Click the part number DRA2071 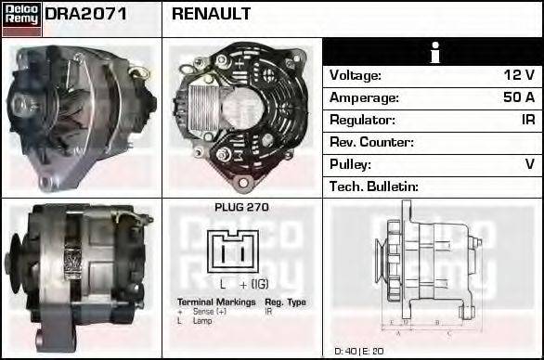(x=86, y=15)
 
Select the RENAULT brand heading (x=211, y=15)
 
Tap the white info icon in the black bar (x=434, y=52)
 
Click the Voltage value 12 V (x=519, y=75)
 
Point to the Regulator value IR (x=527, y=120)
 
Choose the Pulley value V (x=530, y=164)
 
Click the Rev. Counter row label (x=371, y=142)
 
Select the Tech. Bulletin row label (x=374, y=186)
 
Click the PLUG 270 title (x=241, y=208)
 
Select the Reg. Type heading (x=284, y=302)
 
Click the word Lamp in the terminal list (x=203, y=321)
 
